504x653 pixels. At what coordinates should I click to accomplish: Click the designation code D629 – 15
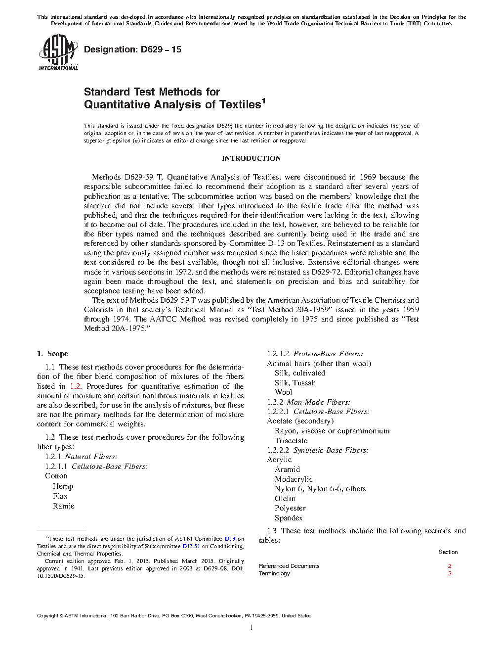click(132, 49)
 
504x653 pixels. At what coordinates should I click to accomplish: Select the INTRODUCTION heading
click(251, 158)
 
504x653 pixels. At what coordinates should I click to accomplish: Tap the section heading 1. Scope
click(52, 354)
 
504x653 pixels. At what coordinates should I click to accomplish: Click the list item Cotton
click(56, 476)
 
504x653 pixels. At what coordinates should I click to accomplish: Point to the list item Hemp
click(63, 486)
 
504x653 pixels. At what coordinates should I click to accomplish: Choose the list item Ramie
click(63, 506)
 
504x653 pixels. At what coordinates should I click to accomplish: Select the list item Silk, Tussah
click(295, 383)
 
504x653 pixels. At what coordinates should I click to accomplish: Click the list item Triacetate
click(291, 441)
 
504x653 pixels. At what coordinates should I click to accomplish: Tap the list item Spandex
click(289, 518)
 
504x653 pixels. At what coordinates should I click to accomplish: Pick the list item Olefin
click(285, 499)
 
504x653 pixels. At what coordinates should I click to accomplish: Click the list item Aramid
click(287, 469)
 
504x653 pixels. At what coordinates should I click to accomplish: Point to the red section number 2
click(450, 566)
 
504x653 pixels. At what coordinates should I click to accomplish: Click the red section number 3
click(450, 574)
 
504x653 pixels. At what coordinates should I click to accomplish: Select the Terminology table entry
click(274, 574)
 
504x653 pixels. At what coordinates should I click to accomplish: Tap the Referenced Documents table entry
click(289, 566)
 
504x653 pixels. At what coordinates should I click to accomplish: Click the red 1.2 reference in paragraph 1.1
click(75, 386)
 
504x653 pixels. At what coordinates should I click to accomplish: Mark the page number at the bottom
click(252, 628)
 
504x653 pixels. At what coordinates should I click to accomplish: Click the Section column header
click(448, 552)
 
